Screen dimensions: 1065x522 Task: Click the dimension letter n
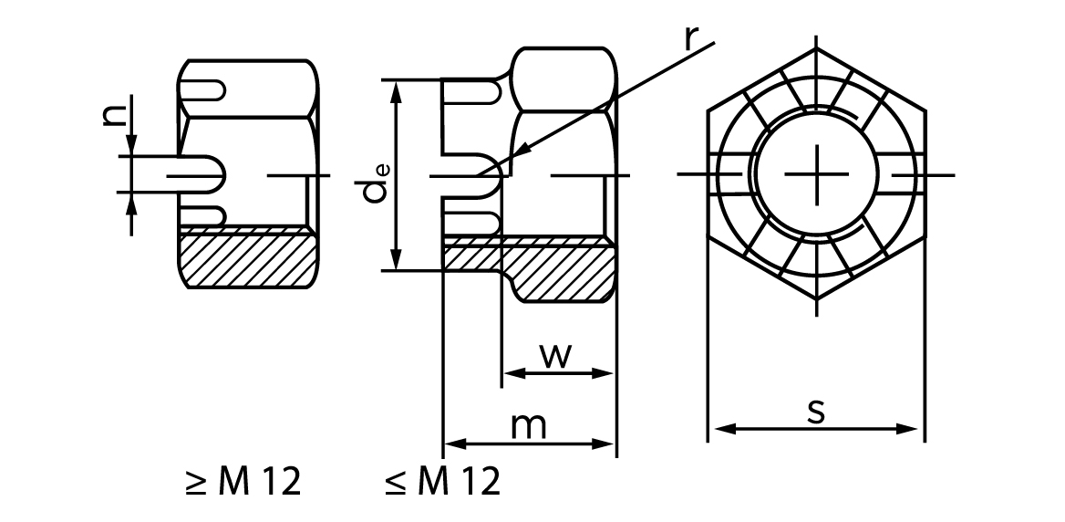pyautogui.click(x=115, y=113)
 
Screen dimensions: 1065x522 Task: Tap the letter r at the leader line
pyautogui.click(x=691, y=40)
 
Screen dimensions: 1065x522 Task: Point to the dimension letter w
pyautogui.click(x=556, y=356)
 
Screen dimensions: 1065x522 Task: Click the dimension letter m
pyautogui.click(x=529, y=426)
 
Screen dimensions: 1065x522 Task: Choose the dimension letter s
pyautogui.click(x=817, y=412)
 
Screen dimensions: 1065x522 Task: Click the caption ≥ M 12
pyautogui.click(x=243, y=481)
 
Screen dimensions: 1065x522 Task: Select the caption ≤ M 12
pyautogui.click(x=443, y=481)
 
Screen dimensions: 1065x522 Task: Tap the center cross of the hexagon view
pyautogui.click(x=817, y=174)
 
